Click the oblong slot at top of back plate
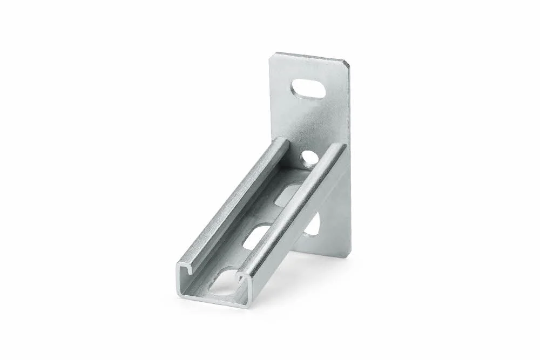308,90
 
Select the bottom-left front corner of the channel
178,295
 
